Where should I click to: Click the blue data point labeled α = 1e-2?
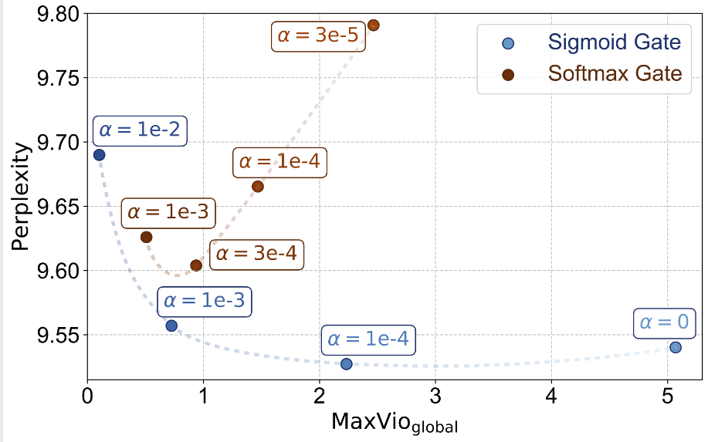pos(99,154)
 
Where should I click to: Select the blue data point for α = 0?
pos(676,347)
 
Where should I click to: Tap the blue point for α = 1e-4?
pos(347,363)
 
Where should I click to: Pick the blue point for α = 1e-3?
pos(171,326)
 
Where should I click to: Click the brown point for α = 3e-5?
pos(374,25)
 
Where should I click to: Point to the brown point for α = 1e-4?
pos(258,186)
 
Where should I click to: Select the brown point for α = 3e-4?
pos(196,265)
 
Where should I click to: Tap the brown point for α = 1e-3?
pos(147,237)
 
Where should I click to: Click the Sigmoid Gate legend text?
pos(614,42)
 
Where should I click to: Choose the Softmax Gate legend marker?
pos(508,74)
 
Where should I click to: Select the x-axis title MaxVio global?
pos(394,423)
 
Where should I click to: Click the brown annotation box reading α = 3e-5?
pos(317,35)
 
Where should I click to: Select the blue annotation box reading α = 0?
pos(665,322)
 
